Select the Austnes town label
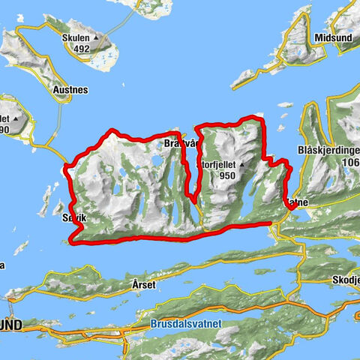(x=71, y=90)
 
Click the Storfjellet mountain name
(x=218, y=163)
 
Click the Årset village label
(x=143, y=285)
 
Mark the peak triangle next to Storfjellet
(x=244, y=162)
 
